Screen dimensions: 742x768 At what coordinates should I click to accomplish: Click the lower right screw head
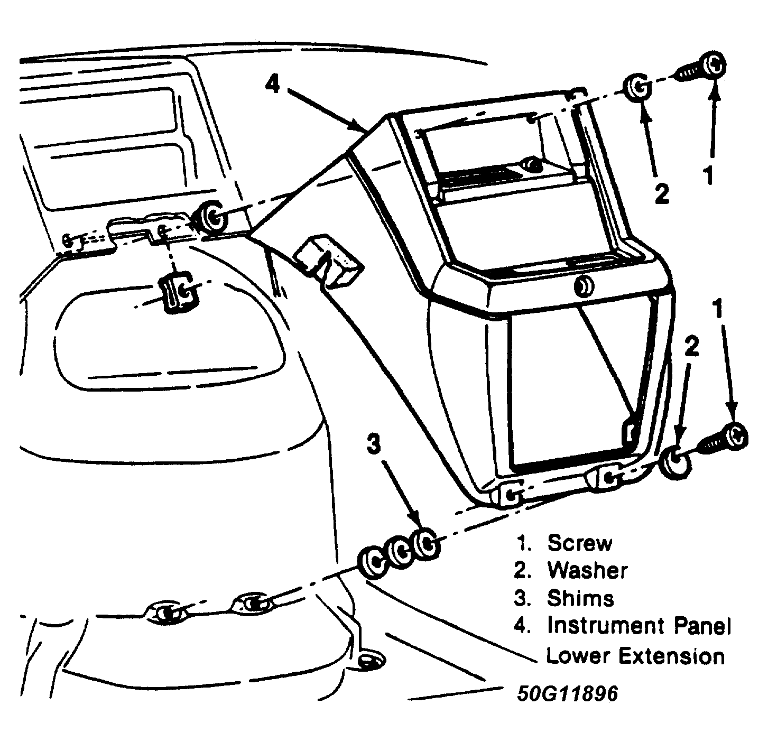[x=736, y=435]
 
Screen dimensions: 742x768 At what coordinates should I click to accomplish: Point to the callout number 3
[x=374, y=444]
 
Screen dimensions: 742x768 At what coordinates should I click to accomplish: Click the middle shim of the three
[x=400, y=552]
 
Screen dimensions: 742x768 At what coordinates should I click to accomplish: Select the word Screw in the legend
[x=579, y=543]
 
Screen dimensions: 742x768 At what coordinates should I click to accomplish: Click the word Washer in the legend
[x=587, y=570]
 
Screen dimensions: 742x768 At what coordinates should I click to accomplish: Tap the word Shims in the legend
[x=580, y=598]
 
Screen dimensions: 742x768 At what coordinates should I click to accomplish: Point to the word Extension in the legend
[x=671, y=656]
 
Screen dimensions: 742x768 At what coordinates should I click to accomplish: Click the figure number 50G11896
[x=567, y=693]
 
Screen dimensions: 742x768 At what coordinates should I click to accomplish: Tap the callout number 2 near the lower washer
[x=691, y=347]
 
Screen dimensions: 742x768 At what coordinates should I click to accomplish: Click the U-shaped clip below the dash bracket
[x=179, y=291]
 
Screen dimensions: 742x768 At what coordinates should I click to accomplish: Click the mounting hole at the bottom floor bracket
[x=366, y=661]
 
